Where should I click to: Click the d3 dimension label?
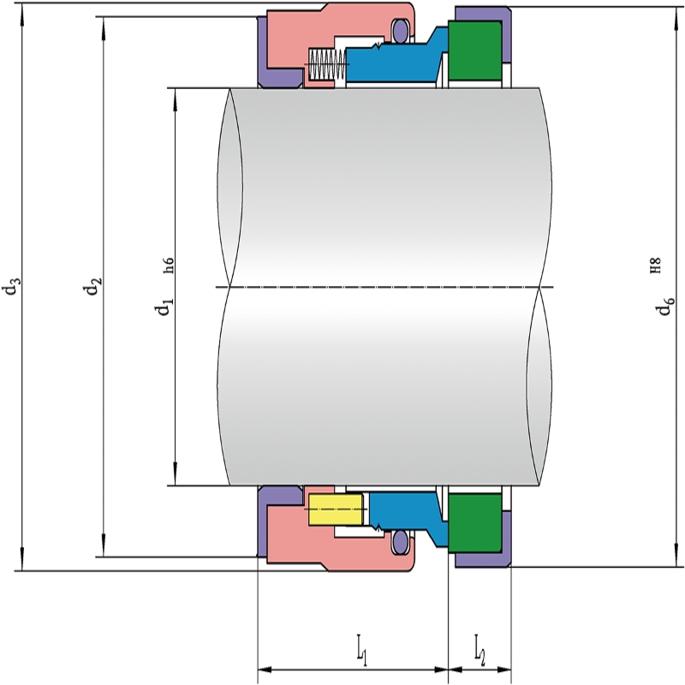click(x=11, y=286)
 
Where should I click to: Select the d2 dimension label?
click(x=93, y=286)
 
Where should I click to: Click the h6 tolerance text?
click(x=169, y=265)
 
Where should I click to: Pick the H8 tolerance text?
click(x=655, y=265)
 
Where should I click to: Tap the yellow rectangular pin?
click(x=336, y=509)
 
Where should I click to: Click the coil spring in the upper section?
click(x=328, y=63)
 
